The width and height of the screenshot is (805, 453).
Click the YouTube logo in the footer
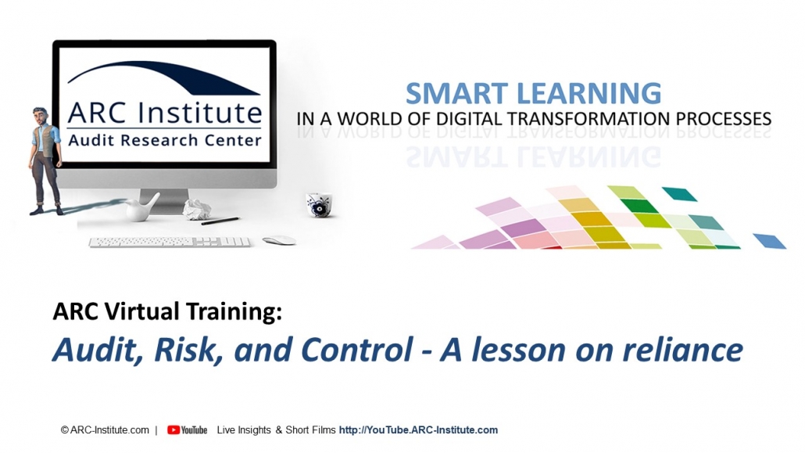187,430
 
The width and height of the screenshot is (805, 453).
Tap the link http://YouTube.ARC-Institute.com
418,430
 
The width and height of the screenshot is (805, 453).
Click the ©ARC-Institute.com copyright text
105,430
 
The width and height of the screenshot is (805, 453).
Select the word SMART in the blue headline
456,94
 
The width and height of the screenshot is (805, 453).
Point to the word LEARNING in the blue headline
589,94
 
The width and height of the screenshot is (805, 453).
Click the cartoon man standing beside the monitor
45,161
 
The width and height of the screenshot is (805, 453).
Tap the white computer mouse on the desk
279,240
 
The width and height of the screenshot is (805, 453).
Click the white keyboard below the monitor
170,243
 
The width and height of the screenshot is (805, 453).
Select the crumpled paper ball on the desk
197,209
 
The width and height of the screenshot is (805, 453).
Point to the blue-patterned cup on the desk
318,205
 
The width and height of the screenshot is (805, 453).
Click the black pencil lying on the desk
220,221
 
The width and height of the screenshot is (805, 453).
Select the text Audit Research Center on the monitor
165,140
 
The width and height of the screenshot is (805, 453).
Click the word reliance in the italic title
683,350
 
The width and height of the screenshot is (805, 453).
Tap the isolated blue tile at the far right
770,241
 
